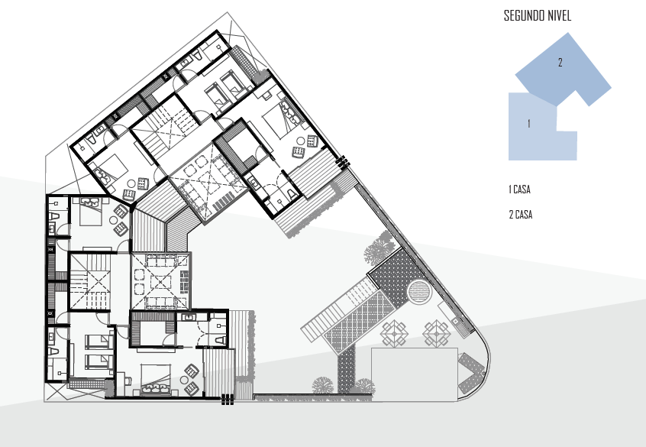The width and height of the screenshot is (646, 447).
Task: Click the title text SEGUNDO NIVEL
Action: [x=538, y=16]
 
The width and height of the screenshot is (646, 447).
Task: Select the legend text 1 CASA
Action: [x=519, y=189]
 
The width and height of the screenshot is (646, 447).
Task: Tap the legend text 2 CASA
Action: [x=520, y=215]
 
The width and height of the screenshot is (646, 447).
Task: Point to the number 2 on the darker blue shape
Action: [x=560, y=62]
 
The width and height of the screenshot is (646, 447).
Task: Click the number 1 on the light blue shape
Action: [x=529, y=123]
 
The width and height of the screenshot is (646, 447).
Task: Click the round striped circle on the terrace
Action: [x=418, y=292]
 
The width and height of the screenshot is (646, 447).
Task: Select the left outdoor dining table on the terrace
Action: [x=394, y=333]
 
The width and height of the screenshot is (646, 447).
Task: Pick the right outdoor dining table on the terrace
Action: [x=437, y=333]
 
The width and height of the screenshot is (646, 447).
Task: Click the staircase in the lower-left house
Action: [x=90, y=282]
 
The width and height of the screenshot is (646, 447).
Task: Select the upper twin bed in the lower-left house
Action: [x=99, y=342]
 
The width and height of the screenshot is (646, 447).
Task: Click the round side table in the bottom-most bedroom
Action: [x=185, y=380]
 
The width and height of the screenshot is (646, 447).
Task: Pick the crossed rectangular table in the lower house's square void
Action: [x=160, y=282]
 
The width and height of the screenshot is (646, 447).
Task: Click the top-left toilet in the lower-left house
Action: [x=54, y=216]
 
